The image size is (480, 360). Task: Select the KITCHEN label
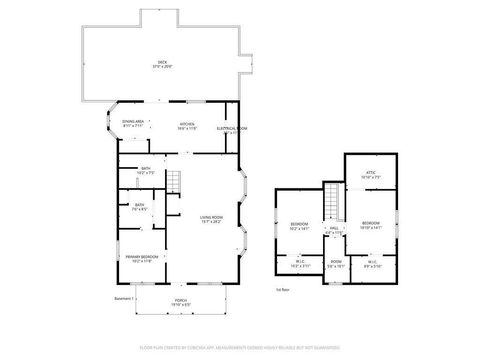[186, 125]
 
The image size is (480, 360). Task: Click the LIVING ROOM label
[211, 219]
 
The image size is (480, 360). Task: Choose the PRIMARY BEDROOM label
[139, 258]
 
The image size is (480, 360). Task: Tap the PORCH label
[181, 302]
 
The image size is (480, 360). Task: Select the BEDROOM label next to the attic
[370, 224]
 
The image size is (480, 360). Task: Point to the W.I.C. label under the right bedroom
[371, 265]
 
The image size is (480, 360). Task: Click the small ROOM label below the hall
[335, 265]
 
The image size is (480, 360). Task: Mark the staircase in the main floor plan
[174, 182]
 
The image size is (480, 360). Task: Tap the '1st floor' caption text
[283, 289]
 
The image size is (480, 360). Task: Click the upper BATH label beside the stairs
[145, 170]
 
